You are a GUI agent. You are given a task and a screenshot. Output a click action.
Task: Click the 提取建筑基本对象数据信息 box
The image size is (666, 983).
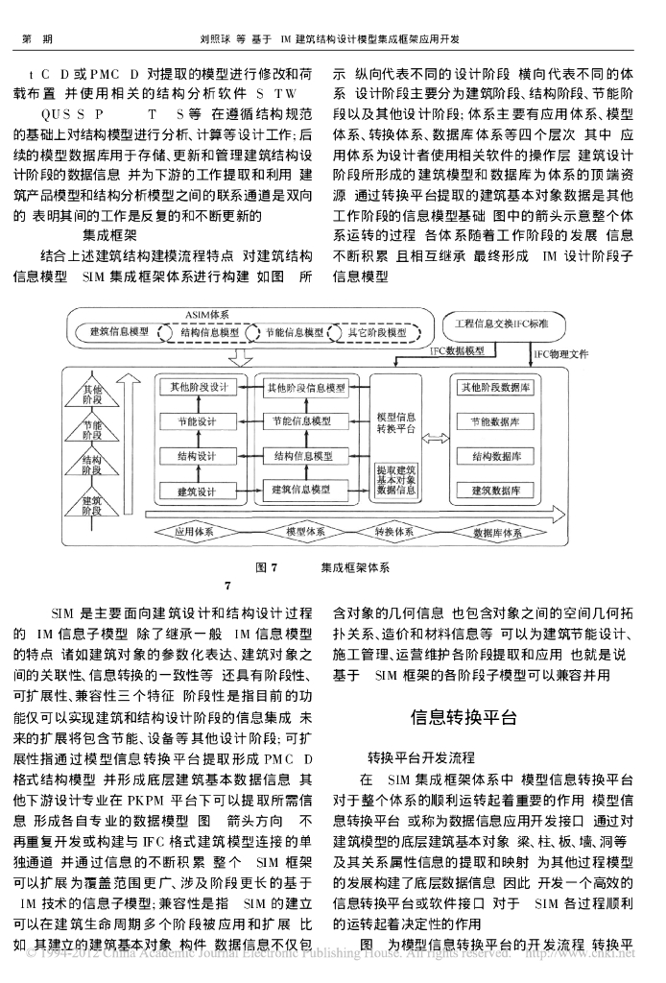coord(396,479)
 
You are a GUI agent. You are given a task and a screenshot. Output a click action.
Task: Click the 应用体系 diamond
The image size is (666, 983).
coord(197,530)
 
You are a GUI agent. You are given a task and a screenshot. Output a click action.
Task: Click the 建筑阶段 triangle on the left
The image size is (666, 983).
coord(93,500)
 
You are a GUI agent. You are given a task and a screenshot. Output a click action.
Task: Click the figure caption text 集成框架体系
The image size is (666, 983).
coord(355,567)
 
